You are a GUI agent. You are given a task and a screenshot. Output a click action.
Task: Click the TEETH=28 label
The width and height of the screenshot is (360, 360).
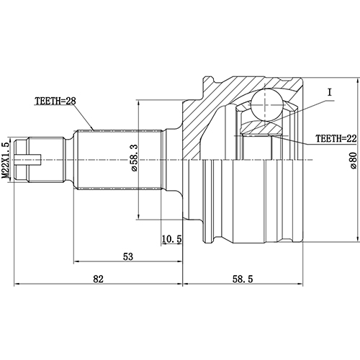(55, 102)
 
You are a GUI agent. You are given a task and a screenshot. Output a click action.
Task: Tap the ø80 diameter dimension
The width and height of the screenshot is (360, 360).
(352, 160)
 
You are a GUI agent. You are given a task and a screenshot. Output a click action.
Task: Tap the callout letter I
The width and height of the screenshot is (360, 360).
(328, 92)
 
